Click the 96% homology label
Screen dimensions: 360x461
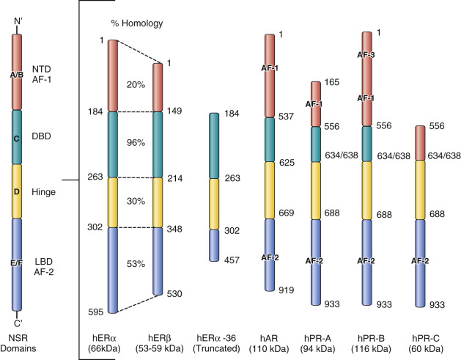(136, 144)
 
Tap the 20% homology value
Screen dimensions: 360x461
(136, 84)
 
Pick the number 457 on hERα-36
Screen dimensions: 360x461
(231, 260)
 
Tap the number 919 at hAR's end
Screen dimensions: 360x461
(286, 290)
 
